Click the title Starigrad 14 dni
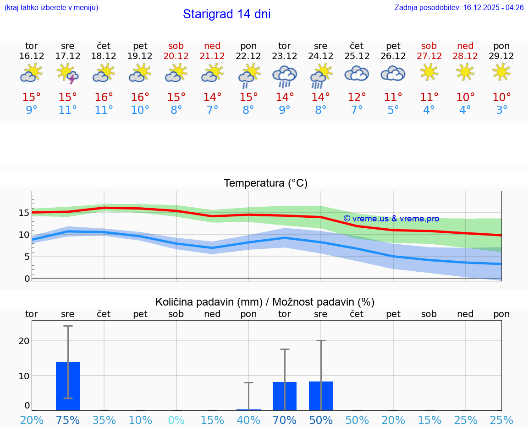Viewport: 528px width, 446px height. pyautogui.click(x=226, y=14)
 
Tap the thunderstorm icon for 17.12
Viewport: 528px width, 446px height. pyautogui.click(x=68, y=74)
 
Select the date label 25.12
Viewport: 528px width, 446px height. pyautogui.click(x=357, y=56)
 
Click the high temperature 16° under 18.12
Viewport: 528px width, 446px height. pyautogui.click(x=104, y=97)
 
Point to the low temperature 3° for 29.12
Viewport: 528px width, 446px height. pyautogui.click(x=501, y=110)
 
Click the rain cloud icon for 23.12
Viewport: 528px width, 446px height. pyautogui.click(x=285, y=75)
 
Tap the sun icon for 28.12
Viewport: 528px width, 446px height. pyautogui.click(x=465, y=72)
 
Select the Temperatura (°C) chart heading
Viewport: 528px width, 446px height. pyautogui.click(x=265, y=183)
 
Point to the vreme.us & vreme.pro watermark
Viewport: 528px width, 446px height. pyautogui.click(x=391, y=219)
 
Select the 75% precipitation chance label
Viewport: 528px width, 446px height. pyautogui.click(x=68, y=420)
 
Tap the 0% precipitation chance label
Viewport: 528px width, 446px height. pyautogui.click(x=176, y=420)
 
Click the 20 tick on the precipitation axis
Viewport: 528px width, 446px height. pyautogui.click(x=24, y=341)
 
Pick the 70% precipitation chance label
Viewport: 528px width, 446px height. pyautogui.click(x=285, y=420)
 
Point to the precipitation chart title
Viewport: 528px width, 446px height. pyautogui.click(x=265, y=302)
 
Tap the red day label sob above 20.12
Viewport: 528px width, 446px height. pyautogui.click(x=176, y=46)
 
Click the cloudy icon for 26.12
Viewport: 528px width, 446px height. pyautogui.click(x=393, y=73)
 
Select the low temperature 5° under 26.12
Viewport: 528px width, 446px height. pyautogui.click(x=393, y=110)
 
